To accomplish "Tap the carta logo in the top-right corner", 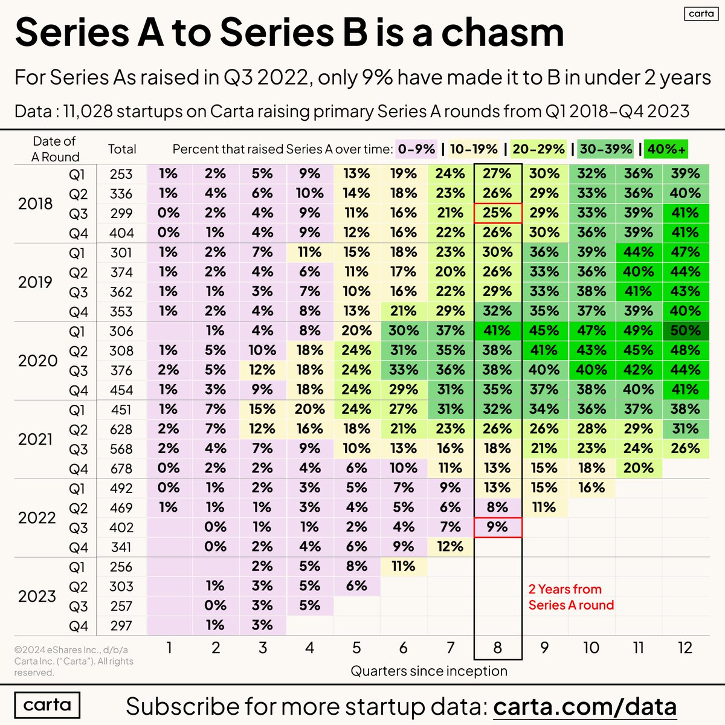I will point(701,14).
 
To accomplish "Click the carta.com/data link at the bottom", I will point(584,706).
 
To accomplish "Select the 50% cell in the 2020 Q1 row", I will point(685,331).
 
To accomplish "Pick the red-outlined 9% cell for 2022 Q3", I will point(497,527).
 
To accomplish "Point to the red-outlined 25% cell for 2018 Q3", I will point(497,213).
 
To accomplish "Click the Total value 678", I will point(121,468).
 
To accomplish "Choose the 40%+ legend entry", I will point(666,149).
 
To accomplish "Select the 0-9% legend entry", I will point(417,149).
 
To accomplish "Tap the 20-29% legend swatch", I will point(538,149).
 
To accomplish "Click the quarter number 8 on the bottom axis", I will point(497,648).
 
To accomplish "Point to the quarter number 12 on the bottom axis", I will point(685,648).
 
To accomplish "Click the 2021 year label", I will point(36,439).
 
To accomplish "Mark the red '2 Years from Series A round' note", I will point(570,597).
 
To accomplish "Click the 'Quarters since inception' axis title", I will point(429,671).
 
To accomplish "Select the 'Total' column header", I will point(122,149).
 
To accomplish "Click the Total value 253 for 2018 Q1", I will point(121,174).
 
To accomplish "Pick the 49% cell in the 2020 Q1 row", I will point(638,331).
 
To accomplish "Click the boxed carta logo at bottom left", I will point(47,705).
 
